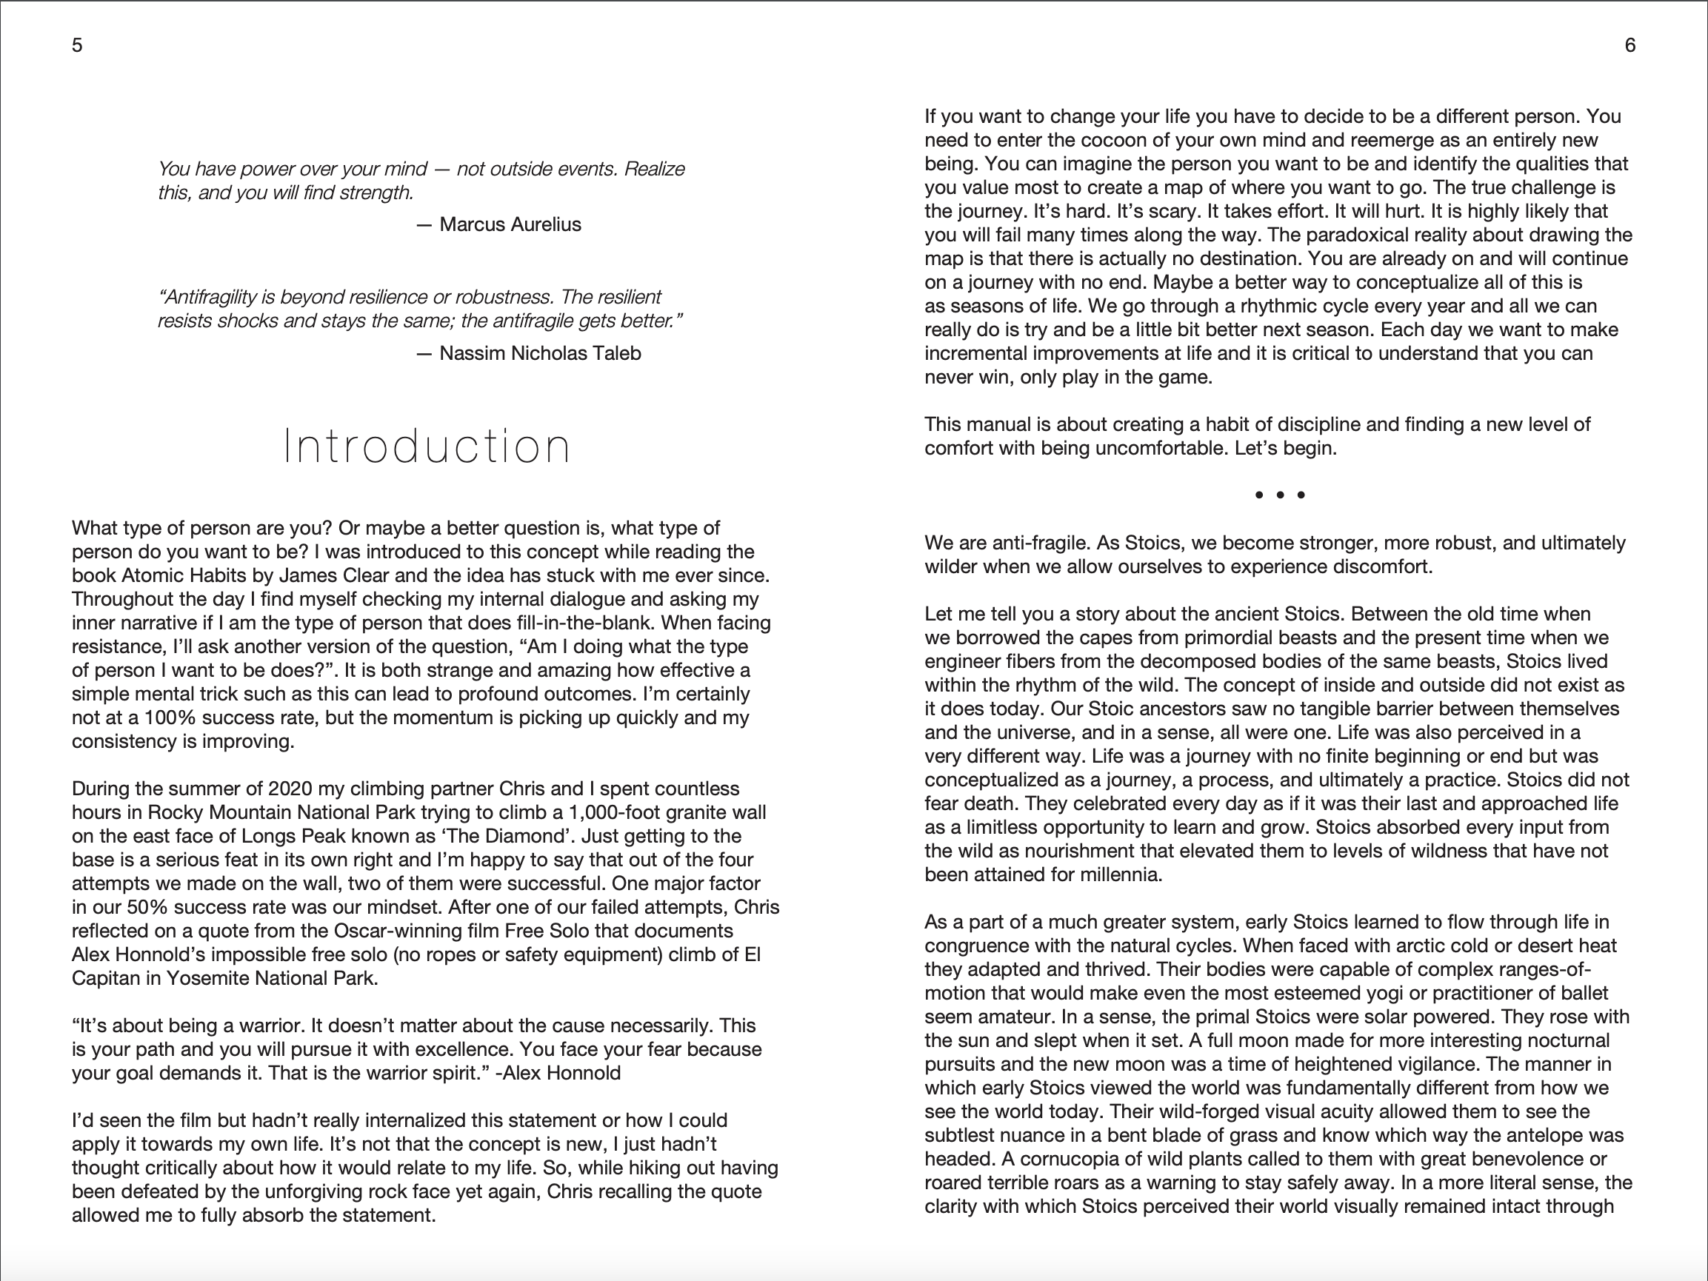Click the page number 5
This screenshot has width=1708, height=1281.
pyautogui.click(x=77, y=46)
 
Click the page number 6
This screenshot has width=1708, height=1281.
pyautogui.click(x=1630, y=46)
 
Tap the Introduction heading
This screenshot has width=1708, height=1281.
pyautogui.click(x=427, y=446)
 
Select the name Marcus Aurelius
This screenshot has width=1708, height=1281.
pyautogui.click(x=510, y=224)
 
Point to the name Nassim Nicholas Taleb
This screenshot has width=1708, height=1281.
pyautogui.click(x=540, y=354)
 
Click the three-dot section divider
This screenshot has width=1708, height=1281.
pyautogui.click(x=1279, y=495)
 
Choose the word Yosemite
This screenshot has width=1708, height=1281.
pyautogui.click(x=207, y=978)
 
